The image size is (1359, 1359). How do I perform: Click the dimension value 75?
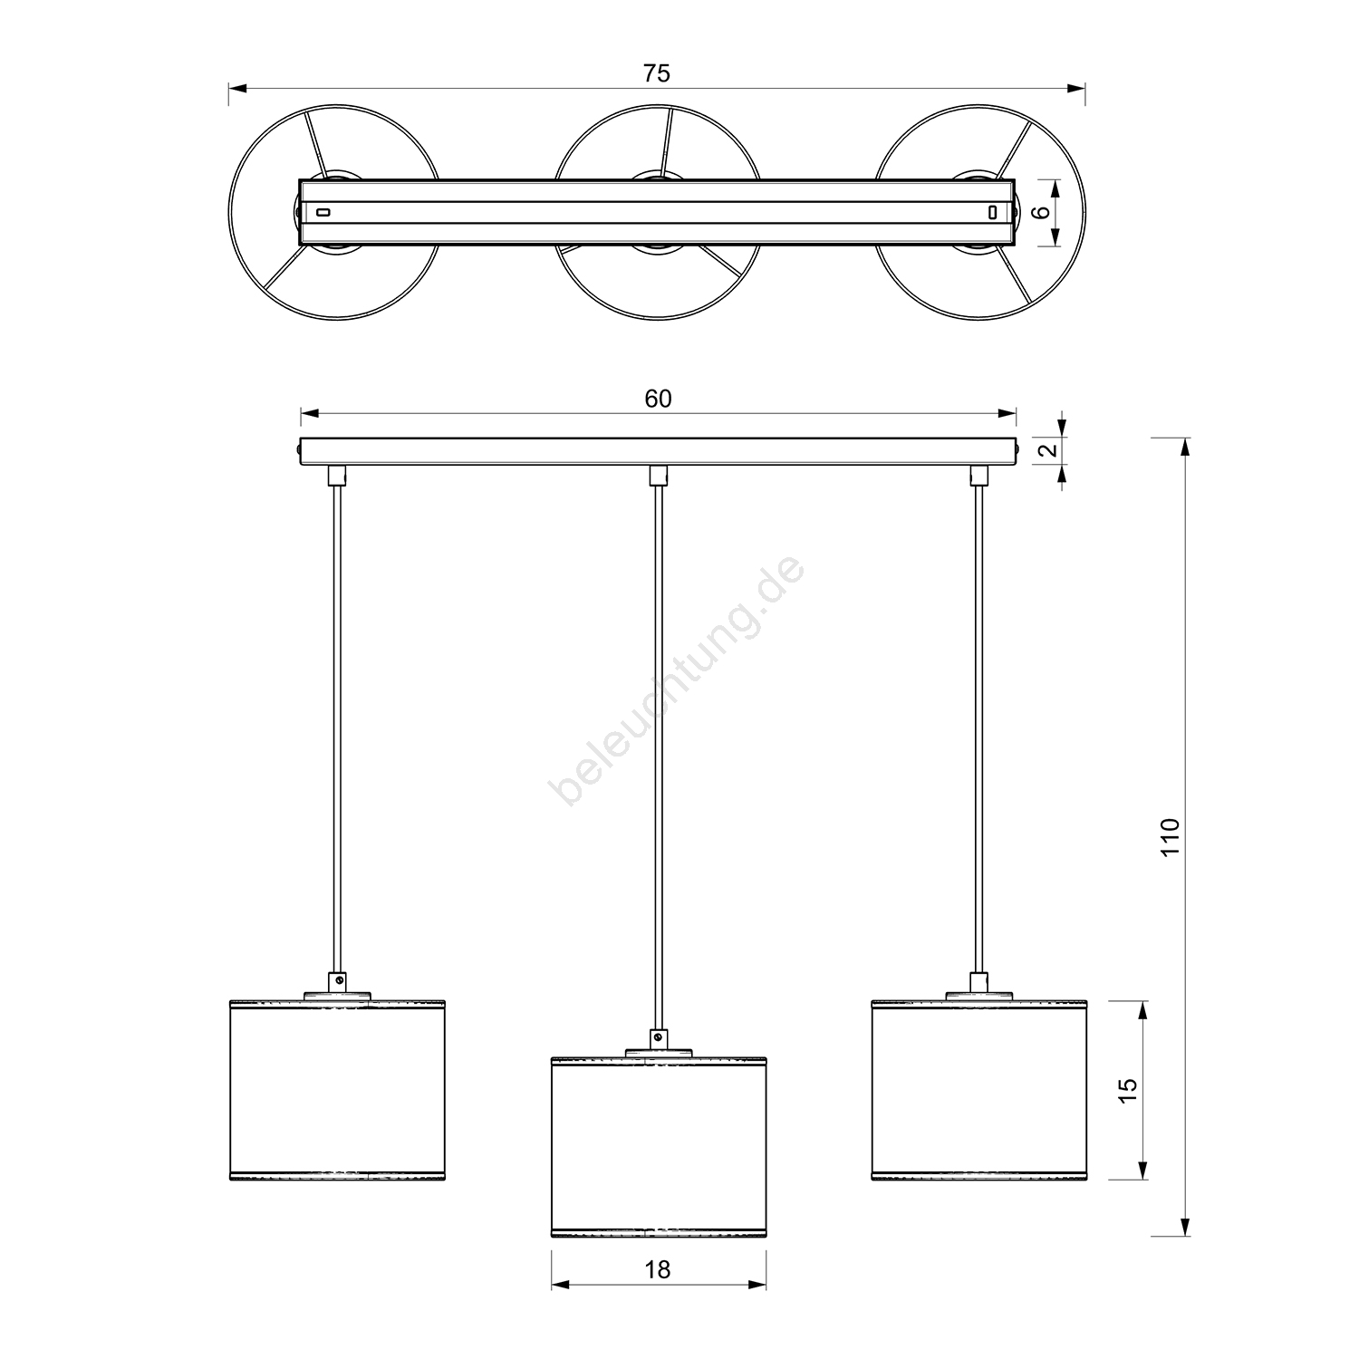(657, 73)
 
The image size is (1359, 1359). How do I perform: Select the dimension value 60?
(659, 399)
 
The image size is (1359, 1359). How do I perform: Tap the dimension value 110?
(1170, 838)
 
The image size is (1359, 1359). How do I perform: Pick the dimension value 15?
(1127, 1090)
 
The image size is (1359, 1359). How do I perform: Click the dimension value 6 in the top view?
(1041, 212)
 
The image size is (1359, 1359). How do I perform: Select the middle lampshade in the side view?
(659, 1146)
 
